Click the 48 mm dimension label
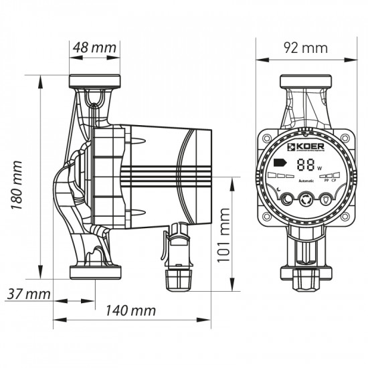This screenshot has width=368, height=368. point(94,48)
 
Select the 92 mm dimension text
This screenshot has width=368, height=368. point(306,48)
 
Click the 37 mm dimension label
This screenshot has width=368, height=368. point(27,294)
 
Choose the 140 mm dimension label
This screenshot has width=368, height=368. point(132,311)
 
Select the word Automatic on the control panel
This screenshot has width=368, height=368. point(306,181)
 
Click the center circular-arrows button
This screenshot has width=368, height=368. point(306,199)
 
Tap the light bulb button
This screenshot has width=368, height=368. point(326,199)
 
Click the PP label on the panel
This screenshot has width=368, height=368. point(326,181)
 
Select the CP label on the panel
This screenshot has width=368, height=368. point(334,181)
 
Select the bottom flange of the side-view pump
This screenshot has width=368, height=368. point(94,272)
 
